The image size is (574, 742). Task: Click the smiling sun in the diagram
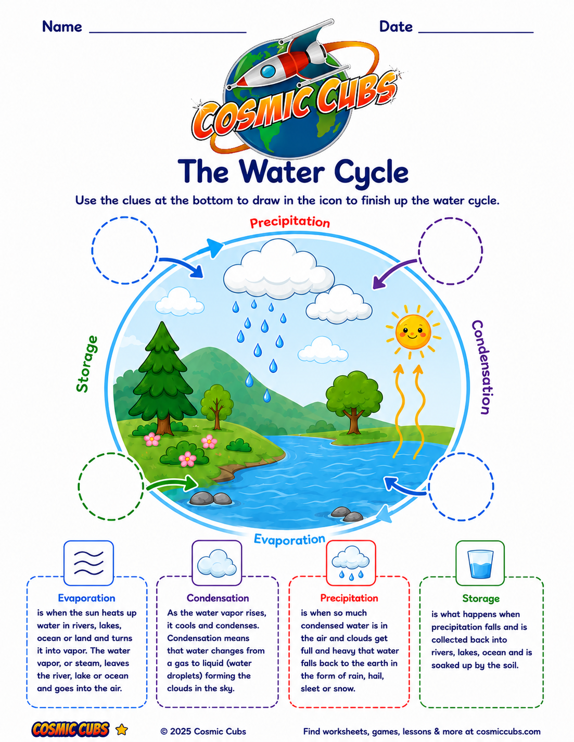click(x=413, y=332)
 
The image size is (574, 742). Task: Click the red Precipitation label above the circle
click(x=290, y=222)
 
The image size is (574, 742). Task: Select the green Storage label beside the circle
click(x=87, y=364)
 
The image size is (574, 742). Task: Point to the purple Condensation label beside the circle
click(x=482, y=367)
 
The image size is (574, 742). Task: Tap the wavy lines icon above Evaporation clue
click(x=88, y=563)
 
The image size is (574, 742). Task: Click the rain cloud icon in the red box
click(x=351, y=563)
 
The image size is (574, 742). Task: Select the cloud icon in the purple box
click(x=217, y=562)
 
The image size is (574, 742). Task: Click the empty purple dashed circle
click(x=450, y=251)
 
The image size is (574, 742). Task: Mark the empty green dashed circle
click(x=111, y=487)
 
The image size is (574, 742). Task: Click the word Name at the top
click(x=62, y=27)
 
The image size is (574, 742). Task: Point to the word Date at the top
click(x=396, y=27)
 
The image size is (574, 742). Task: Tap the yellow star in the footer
click(x=122, y=730)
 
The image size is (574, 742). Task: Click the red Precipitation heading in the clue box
click(x=349, y=598)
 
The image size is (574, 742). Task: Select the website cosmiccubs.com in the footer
click(x=508, y=732)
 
